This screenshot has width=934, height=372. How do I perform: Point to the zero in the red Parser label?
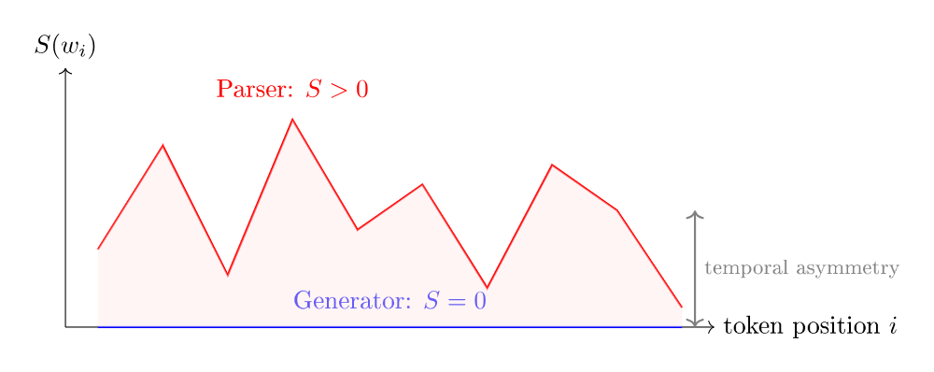(361, 90)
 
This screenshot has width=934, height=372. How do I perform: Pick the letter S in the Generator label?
(432, 301)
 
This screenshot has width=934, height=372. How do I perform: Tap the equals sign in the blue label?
(454, 302)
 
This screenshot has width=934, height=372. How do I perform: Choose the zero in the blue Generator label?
(478, 301)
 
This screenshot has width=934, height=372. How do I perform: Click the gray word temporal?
(745, 268)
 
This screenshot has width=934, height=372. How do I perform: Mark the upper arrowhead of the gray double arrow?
(694, 215)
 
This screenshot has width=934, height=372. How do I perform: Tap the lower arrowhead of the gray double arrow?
(694, 322)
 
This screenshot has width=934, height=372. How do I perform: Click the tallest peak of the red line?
(292, 121)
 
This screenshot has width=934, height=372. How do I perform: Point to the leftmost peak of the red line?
(163, 146)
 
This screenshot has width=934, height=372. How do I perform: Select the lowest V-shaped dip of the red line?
(487, 287)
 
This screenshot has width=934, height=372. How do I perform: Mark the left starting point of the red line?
(98, 250)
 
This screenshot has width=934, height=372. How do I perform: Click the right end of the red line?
(682, 308)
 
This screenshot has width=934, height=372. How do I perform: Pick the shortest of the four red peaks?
(422, 185)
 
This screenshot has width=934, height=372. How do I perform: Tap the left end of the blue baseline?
(99, 327)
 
